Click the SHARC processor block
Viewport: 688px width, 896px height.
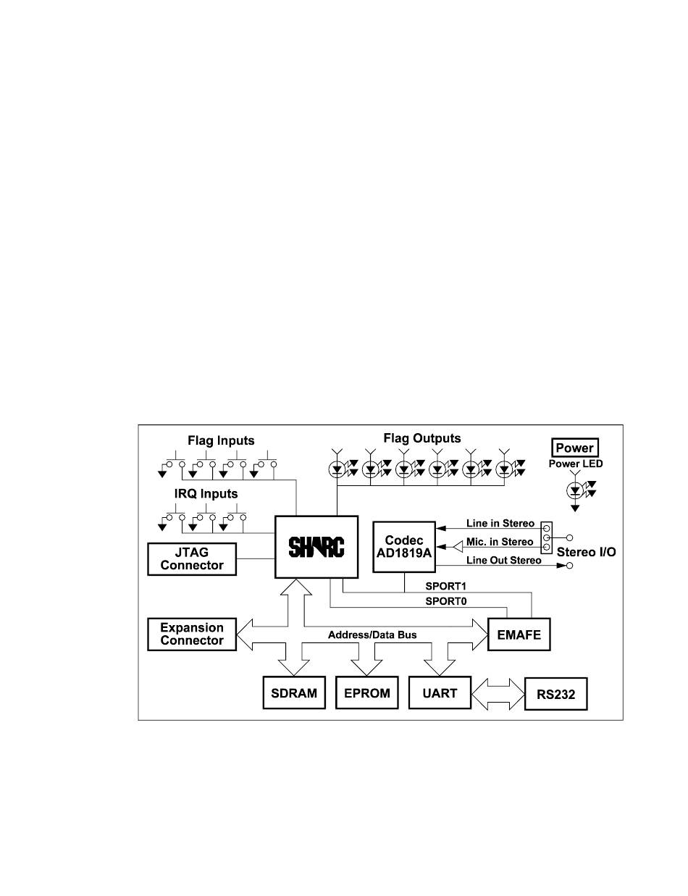[316, 546]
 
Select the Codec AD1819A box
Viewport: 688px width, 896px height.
[404, 546]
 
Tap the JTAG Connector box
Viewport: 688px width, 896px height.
[192, 558]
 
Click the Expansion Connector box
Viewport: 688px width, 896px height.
[192, 634]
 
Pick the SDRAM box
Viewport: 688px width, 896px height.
[294, 693]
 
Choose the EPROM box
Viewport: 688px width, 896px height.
[367, 693]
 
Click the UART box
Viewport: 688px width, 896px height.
[440, 693]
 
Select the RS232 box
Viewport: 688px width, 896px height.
[555, 695]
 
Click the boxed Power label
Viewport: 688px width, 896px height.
[574, 448]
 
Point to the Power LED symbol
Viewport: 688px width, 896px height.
[576, 490]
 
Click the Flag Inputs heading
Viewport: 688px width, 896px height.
[221, 440]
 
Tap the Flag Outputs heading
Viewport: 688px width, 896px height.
[422, 438]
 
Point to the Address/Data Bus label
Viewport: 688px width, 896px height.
[372, 635]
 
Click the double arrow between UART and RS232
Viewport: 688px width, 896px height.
[498, 694]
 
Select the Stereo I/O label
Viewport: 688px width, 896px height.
[587, 552]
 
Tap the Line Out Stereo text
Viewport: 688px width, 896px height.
[503, 560]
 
